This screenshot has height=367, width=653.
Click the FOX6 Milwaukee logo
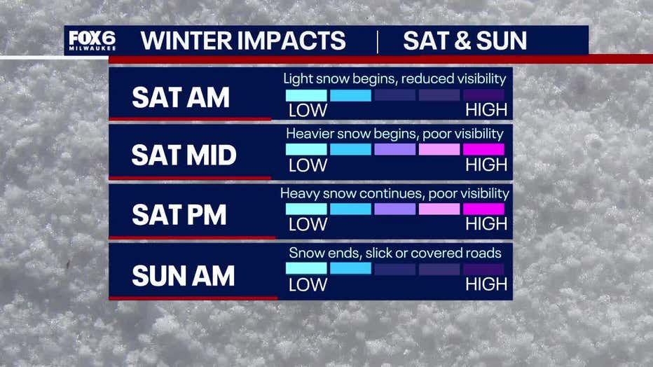click(92, 41)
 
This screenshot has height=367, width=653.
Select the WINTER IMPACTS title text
click(243, 41)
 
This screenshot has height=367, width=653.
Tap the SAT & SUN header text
click(465, 41)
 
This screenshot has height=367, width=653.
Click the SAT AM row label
click(181, 97)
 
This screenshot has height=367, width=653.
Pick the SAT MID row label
click(184, 155)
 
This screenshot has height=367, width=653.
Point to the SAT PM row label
click(179, 215)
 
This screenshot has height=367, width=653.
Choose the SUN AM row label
click(184, 276)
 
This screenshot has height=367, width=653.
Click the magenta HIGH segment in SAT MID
click(483, 149)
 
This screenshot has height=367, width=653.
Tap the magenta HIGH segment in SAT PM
click(483, 209)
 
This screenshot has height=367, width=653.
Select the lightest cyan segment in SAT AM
click(306, 95)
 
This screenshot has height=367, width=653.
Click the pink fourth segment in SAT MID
click(439, 149)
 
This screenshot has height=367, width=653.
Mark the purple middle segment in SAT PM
click(394, 209)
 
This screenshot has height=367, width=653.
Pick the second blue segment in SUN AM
click(350, 269)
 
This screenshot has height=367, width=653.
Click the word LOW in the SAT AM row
click(308, 111)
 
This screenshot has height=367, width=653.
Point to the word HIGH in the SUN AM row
click(486, 284)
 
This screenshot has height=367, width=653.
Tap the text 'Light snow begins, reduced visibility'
click(394, 78)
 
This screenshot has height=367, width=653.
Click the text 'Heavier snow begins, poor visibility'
click(394, 134)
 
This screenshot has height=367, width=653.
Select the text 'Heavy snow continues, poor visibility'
click(394, 193)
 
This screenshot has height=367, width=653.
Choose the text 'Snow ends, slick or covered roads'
click(395, 253)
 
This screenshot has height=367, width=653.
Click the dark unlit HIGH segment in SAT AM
click(483, 95)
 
